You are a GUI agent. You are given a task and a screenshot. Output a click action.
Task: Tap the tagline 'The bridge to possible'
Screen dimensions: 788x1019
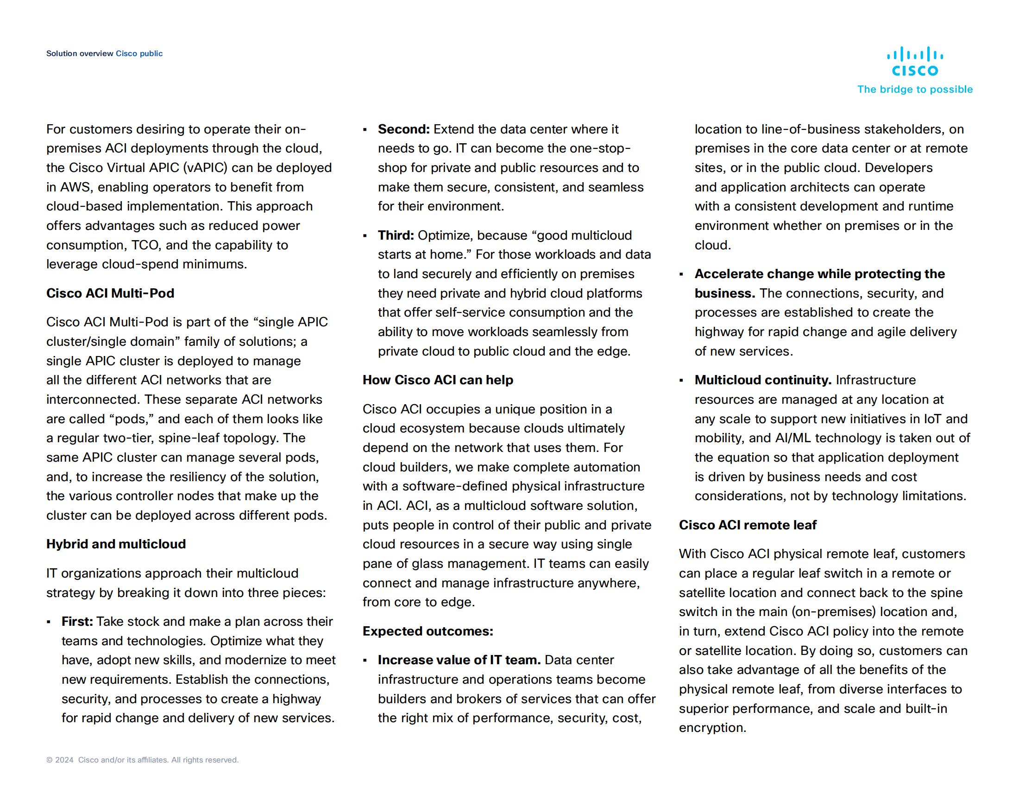point(914,89)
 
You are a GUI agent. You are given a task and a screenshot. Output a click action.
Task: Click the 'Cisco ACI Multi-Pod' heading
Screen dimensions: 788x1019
point(110,293)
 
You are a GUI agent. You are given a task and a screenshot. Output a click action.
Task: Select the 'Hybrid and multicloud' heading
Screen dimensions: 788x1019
point(116,544)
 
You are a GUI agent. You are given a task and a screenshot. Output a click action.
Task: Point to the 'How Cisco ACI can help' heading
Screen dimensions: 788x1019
point(438,380)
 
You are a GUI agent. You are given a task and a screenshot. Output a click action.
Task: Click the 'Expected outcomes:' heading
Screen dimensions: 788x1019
point(428,631)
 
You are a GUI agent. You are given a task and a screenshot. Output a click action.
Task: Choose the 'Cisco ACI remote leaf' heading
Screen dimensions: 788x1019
point(748,525)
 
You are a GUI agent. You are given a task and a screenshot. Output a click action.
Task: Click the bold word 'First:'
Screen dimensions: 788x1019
point(77,621)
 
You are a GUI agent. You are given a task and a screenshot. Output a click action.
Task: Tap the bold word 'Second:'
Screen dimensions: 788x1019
point(403,129)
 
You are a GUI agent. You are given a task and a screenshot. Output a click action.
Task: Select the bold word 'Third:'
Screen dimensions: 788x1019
point(396,235)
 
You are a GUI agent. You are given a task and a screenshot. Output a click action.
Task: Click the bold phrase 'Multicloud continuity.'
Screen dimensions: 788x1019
point(763,380)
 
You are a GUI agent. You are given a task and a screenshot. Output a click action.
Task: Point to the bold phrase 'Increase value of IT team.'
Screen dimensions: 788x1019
point(459,660)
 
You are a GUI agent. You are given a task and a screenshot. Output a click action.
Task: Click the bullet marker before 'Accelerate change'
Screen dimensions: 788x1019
point(682,274)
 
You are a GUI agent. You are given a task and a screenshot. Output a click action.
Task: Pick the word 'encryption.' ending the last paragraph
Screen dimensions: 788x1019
point(712,728)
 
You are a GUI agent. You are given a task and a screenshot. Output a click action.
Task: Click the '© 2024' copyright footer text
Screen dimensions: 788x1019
point(60,760)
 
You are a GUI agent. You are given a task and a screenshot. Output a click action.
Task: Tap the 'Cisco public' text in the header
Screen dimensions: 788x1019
point(139,54)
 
